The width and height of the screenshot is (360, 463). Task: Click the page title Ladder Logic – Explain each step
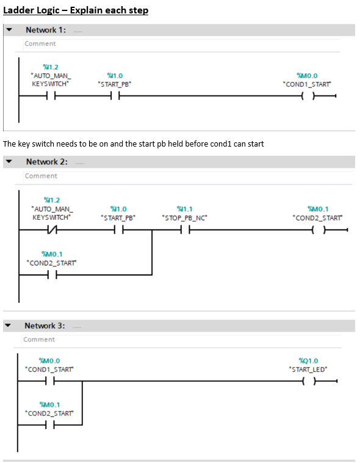pyautogui.click(x=76, y=10)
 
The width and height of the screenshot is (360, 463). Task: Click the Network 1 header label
pyautogui.click(x=45, y=30)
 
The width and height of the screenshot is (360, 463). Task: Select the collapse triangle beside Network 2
pyautogui.click(x=9, y=162)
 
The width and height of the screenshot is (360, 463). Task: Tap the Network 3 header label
pyautogui.click(x=45, y=326)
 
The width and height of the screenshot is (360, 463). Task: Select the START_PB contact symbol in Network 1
pyautogui.click(x=114, y=96)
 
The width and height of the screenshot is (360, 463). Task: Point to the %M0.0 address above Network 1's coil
pyautogui.click(x=308, y=76)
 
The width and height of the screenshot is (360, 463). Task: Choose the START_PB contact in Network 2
pyautogui.click(x=118, y=230)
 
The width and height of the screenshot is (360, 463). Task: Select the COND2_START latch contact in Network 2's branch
pyautogui.click(x=51, y=274)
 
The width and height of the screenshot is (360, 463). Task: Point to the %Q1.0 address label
pyautogui.click(x=308, y=360)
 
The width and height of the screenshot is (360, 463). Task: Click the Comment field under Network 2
pyautogui.click(x=40, y=176)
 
